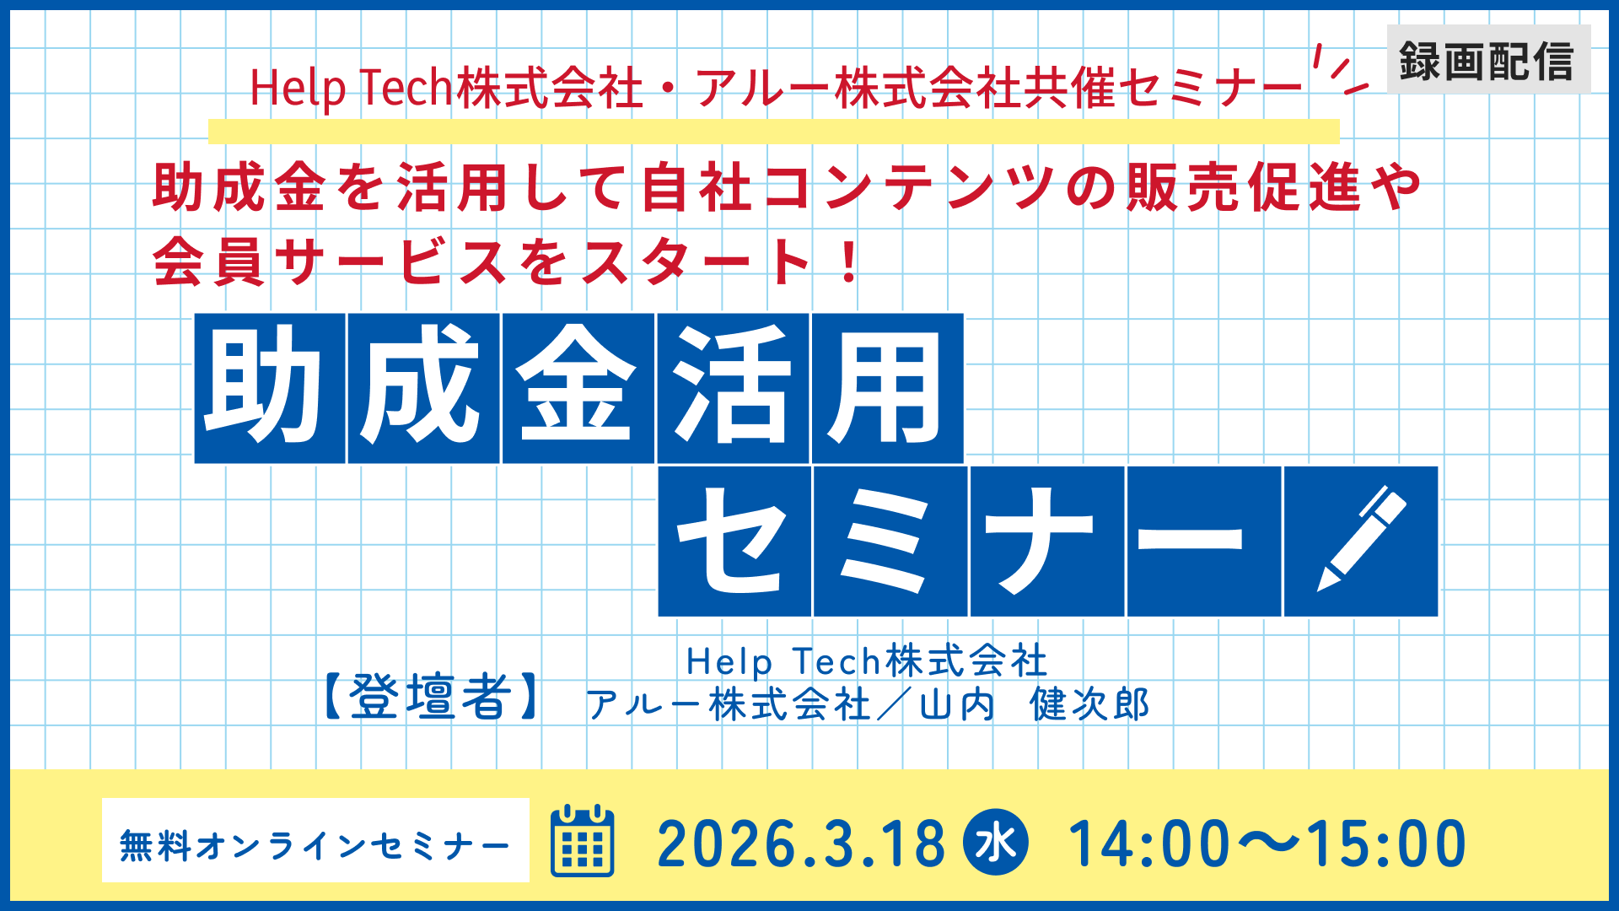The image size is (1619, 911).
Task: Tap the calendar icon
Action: [582, 841]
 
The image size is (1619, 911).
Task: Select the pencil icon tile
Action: [1360, 542]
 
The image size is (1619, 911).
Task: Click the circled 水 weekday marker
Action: [996, 842]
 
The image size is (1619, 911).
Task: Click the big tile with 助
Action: [270, 388]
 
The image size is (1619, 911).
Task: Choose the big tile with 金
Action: [578, 388]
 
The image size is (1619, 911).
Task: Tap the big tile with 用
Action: [887, 388]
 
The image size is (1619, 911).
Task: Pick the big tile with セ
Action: [734, 542]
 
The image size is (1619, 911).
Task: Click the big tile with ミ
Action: [890, 542]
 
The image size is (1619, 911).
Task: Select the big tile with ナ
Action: [1047, 542]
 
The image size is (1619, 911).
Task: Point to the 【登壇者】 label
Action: [431, 698]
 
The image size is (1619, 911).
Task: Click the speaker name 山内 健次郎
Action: [1035, 704]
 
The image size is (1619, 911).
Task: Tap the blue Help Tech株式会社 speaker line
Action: [867, 661]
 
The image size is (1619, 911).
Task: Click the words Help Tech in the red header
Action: [352, 89]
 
